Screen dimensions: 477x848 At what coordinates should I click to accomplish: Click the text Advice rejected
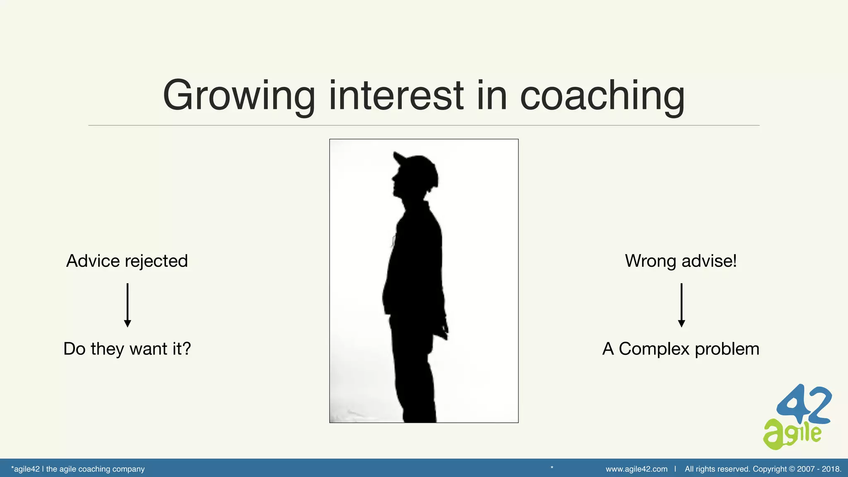tap(127, 261)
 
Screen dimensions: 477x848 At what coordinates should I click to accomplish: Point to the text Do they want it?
tap(127, 349)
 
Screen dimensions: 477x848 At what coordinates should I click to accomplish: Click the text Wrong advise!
tap(681, 261)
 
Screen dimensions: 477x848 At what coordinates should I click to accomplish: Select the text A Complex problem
tap(681, 349)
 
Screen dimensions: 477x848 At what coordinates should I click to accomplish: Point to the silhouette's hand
tap(444, 331)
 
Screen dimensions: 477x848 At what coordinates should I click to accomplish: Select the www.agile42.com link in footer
tap(636, 469)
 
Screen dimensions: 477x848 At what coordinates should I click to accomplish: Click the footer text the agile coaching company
tap(95, 469)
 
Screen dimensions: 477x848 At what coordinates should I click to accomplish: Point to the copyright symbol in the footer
tap(792, 469)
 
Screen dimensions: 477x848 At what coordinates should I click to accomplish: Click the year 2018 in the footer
tap(831, 469)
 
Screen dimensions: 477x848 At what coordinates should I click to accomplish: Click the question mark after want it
tap(187, 349)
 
